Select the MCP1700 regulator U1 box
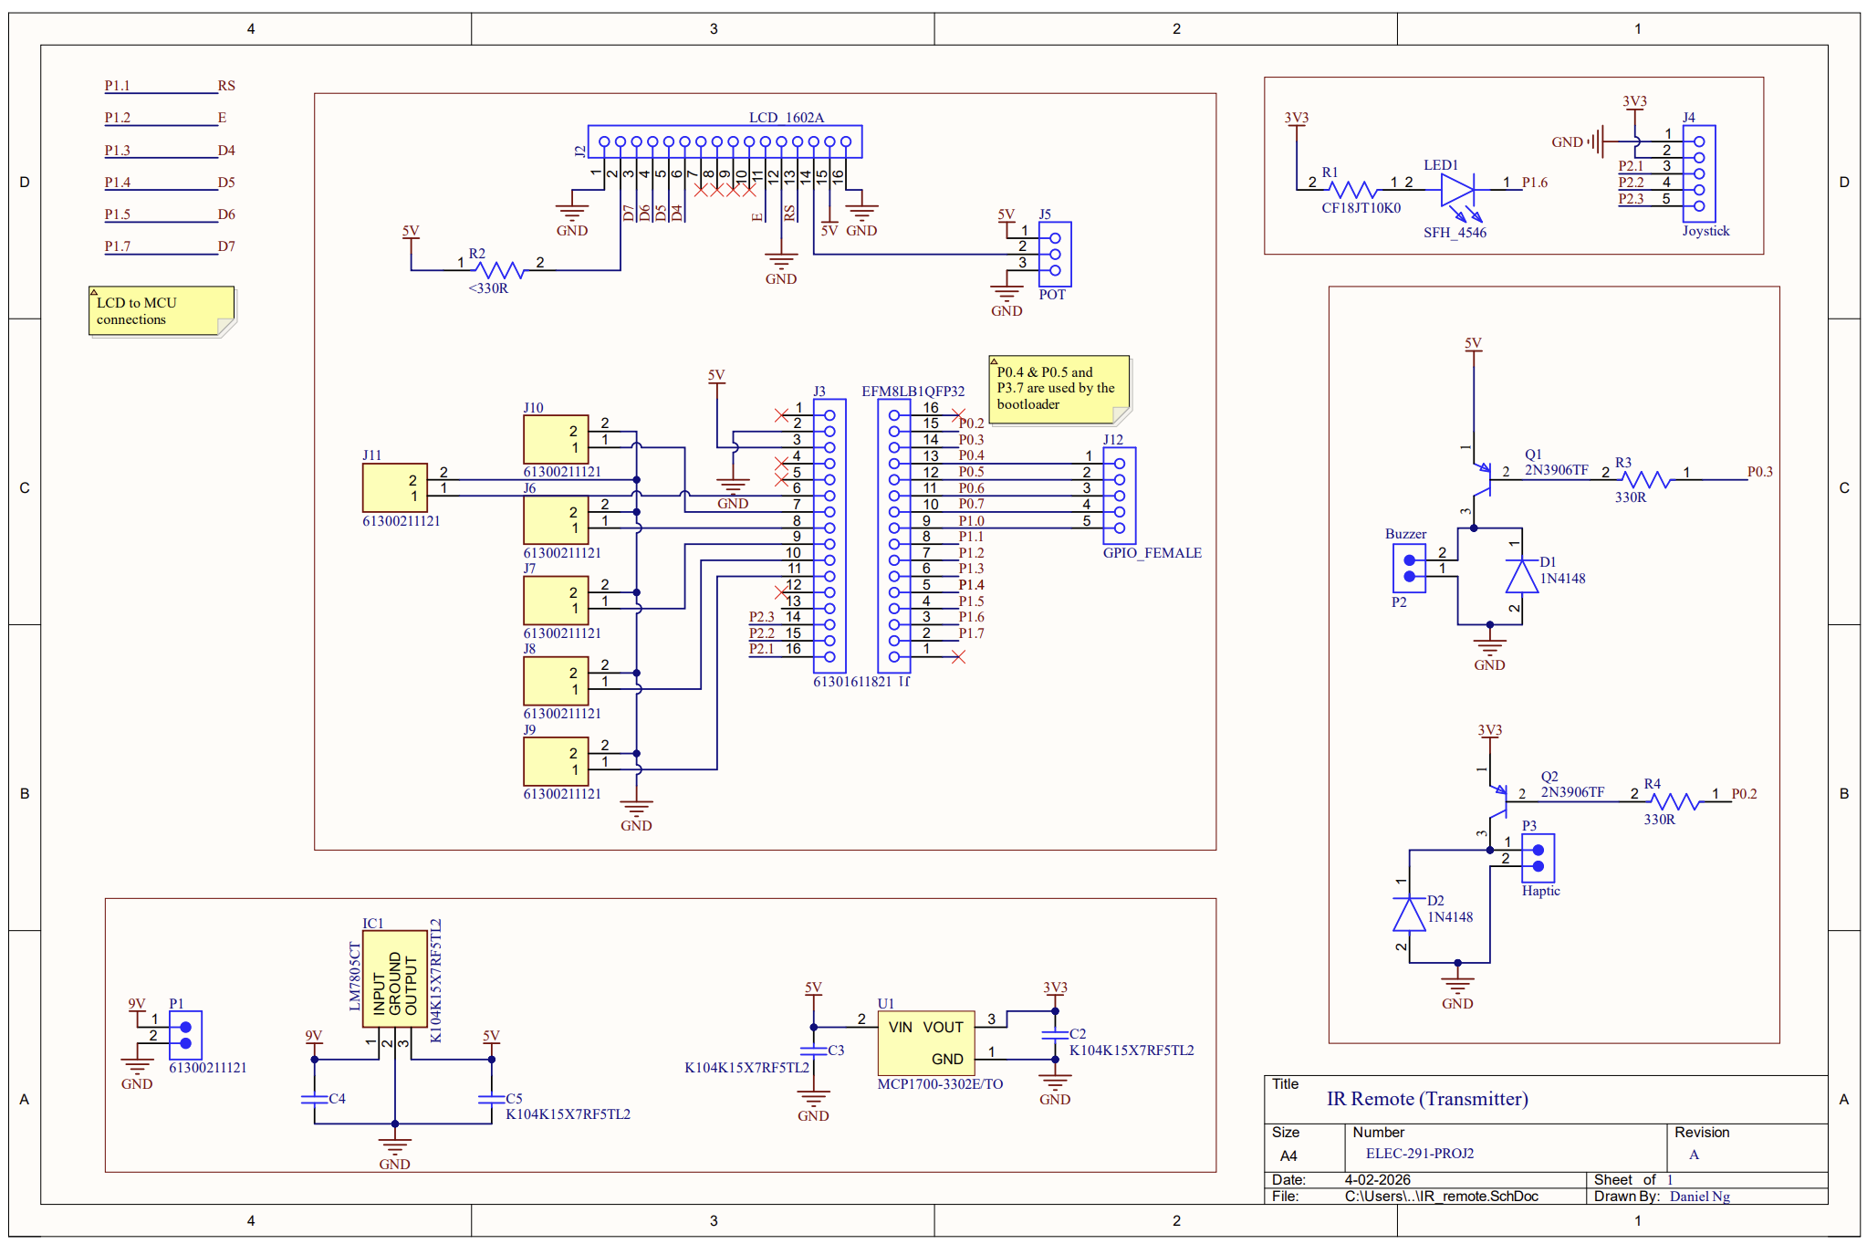[925, 1041]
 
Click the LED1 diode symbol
[1456, 190]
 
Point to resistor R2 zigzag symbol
[500, 269]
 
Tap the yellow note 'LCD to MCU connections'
[161, 311]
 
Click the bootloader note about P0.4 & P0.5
[1059, 389]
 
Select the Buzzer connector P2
[1409, 568]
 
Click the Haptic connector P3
[1538, 858]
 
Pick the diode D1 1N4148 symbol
[1520, 577]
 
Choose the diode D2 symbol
[1409, 915]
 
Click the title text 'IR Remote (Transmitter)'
[1426, 1099]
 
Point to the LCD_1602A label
[786, 118]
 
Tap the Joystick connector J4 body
[1698, 173]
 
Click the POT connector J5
[1055, 255]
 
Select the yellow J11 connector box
[394, 487]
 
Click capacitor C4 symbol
[314, 1098]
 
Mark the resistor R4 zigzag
[1675, 801]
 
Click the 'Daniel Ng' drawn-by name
[1699, 1197]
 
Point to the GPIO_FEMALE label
[1152, 553]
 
